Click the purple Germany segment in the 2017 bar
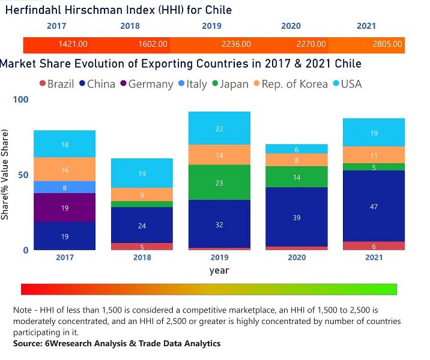[64, 208]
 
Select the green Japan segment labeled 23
[219, 182]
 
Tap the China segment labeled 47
[374, 206]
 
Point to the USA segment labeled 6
[297, 149]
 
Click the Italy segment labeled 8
[64, 187]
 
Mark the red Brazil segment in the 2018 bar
[142, 247]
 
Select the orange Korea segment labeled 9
[142, 194]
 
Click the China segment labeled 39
[297, 217]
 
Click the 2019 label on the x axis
[219, 258]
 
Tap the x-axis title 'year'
[219, 271]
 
